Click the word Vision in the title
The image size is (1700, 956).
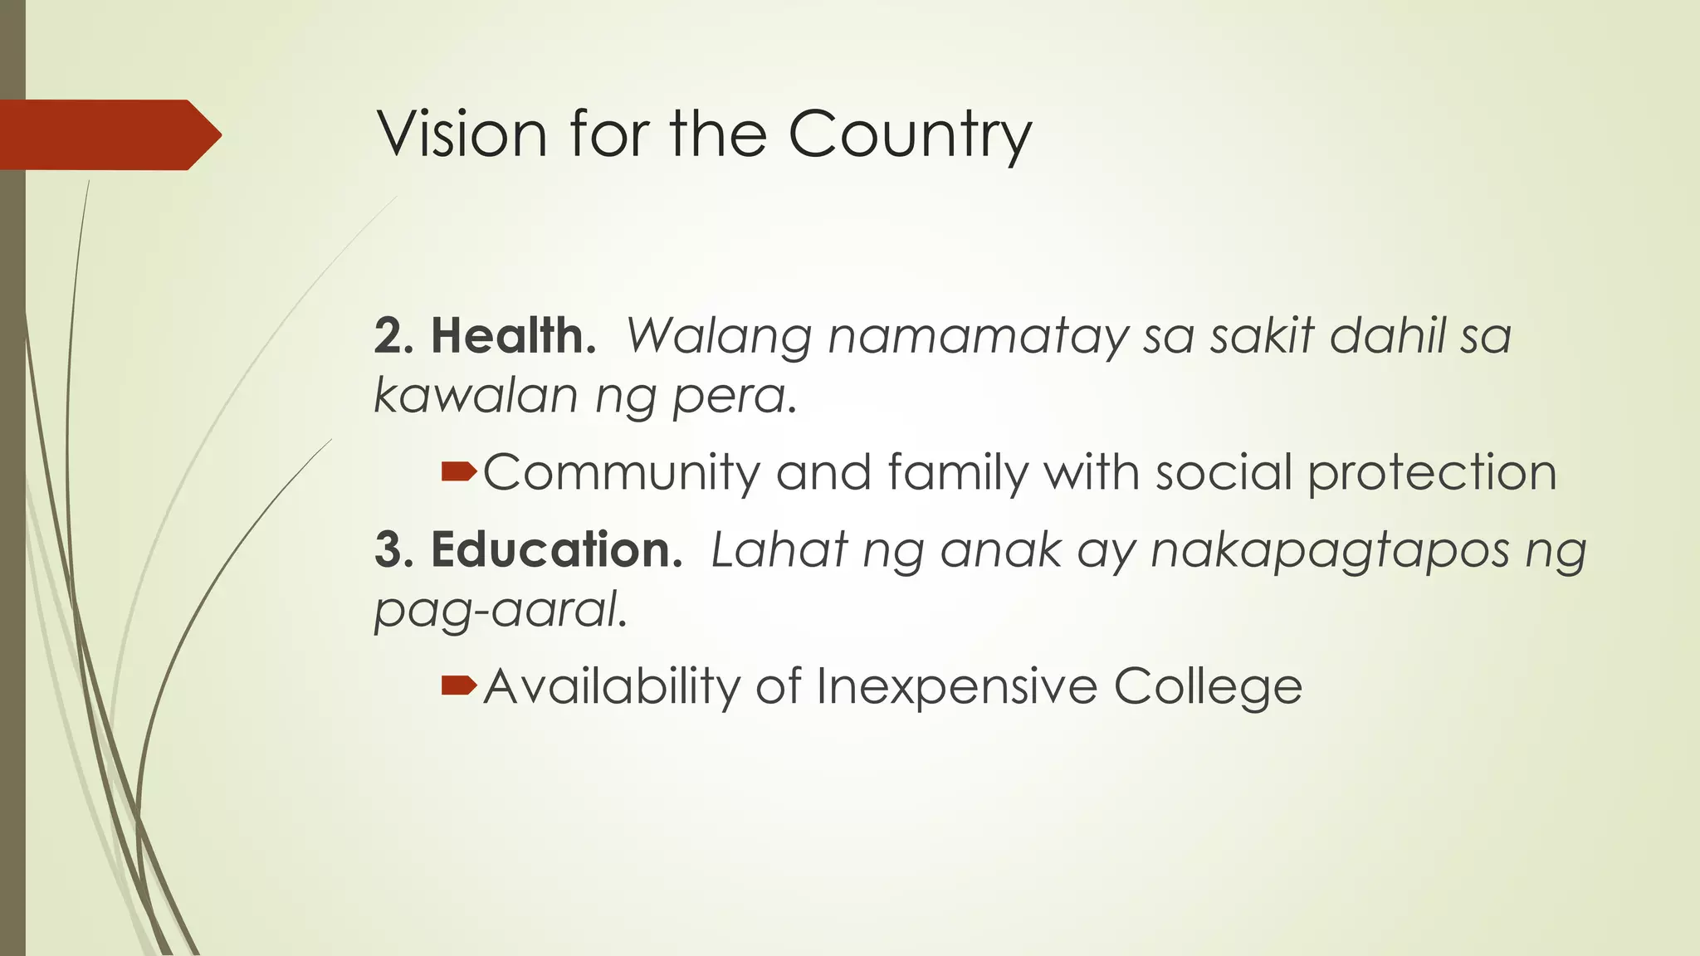point(462,134)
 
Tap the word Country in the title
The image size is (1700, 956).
point(910,135)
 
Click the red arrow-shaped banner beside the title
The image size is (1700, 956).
point(108,134)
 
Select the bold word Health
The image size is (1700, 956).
point(513,336)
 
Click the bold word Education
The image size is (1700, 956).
point(556,549)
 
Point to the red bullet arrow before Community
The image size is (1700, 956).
point(459,472)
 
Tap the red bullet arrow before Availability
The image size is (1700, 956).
point(459,685)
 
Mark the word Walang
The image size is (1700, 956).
point(719,338)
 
